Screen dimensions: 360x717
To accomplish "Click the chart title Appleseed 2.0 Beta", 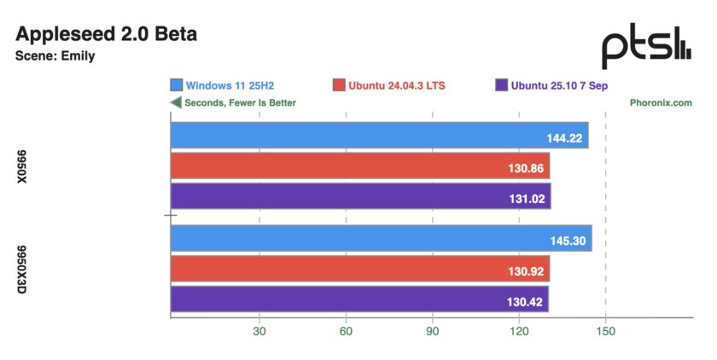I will coord(107,35).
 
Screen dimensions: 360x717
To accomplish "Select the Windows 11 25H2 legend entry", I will coord(228,85).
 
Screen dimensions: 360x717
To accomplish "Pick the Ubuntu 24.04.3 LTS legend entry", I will coord(389,85).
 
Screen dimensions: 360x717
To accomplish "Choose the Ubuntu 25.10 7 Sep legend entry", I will coord(551,85).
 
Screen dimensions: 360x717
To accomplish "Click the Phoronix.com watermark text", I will coord(661,102).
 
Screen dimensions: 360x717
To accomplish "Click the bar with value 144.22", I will coord(379,136).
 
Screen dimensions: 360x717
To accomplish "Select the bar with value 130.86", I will coord(359,166).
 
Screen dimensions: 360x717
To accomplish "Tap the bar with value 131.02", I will coord(360,196).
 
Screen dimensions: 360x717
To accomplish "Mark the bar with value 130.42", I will coord(358,299).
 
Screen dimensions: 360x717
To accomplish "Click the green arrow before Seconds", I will coord(176,102).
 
